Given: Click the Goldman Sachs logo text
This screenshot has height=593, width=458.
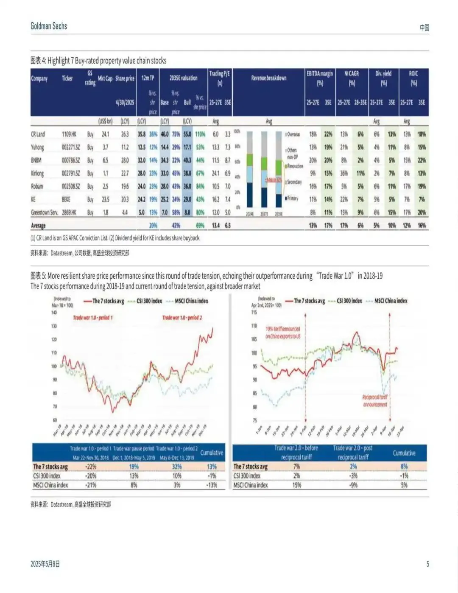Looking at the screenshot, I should coord(49,26).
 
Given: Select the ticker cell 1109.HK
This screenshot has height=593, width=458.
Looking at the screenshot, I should coord(69,134).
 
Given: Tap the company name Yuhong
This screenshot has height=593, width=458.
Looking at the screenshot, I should coord(37,148).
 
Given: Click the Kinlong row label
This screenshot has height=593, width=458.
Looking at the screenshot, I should coord(37,173).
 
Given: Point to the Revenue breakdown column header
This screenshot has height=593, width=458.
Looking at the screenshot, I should coord(268,78).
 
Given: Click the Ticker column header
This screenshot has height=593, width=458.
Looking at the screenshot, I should coord(67,78).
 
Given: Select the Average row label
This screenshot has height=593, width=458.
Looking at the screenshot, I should coord(38,226).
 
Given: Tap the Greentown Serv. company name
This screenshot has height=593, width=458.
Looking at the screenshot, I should coord(45,213).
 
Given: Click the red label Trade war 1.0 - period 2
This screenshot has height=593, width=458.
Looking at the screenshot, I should coord(182,318).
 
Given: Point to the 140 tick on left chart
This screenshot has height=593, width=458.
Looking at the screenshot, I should coord(54,313).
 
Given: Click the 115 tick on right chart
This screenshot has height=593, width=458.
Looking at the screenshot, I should coord(254,312).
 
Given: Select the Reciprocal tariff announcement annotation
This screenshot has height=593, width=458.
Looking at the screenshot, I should coord(375,401).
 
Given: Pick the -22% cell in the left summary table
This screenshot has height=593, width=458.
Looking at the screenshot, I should coord(91,467).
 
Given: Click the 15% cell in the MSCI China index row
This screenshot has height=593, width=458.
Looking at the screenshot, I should coord(296,485).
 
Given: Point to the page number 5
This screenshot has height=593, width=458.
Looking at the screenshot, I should coord(427,564).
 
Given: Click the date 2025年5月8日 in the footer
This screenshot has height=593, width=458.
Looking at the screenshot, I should coord(45,564).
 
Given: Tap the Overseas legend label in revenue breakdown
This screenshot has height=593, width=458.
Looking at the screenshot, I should coord(293,134).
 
